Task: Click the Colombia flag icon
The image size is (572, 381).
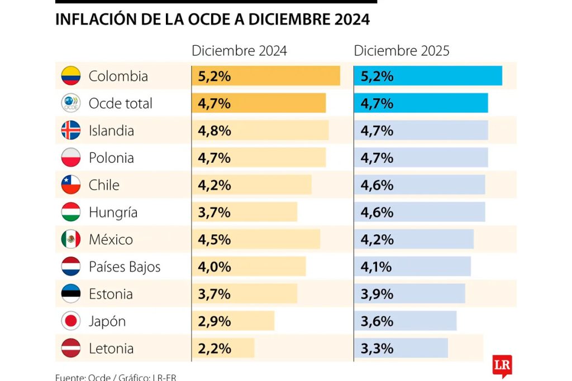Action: pos(71,76)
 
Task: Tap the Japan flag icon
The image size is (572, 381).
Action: pos(71,321)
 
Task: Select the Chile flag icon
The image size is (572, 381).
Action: pos(71,185)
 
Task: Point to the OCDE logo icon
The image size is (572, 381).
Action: pos(71,103)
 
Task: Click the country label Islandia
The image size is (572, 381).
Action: pos(111,131)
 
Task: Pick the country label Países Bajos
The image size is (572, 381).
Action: pos(125,267)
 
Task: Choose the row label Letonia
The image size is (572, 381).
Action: pos(111,349)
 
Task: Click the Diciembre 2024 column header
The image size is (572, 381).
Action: pos(239,51)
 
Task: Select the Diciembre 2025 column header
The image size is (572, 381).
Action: pos(402,51)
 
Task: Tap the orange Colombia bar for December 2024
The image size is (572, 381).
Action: pos(266,76)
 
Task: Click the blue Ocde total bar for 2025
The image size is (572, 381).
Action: pos(421,103)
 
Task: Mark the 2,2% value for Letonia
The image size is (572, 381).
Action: pos(214,349)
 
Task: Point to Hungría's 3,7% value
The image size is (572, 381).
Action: pos(214,213)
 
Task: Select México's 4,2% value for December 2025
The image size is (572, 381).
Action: pos(377,240)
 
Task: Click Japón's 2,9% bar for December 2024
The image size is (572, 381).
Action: pos(233,321)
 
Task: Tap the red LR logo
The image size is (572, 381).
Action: pos(502,365)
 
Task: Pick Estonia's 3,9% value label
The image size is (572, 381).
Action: pos(377,294)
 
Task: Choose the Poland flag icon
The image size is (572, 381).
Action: pos(71,158)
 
